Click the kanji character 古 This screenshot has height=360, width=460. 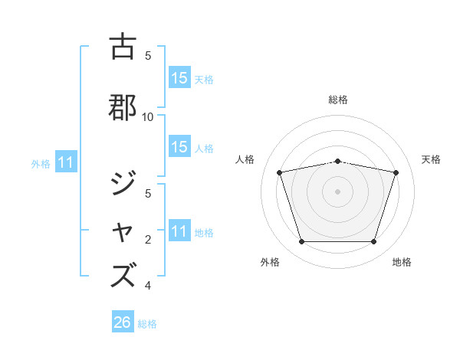coord(123,47)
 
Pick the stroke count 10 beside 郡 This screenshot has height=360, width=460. coord(148,116)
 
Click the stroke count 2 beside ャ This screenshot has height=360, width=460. coord(148,240)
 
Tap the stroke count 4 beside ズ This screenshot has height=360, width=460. coord(148,286)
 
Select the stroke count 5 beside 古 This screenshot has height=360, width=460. coord(148,55)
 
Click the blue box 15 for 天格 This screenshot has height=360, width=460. coord(179,78)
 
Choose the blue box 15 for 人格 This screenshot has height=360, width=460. coord(179,147)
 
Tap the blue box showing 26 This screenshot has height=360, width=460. coord(122,322)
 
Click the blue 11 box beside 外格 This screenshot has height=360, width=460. coord(66,162)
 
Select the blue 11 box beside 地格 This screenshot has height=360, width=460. coord(179,231)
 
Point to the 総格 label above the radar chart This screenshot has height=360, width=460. coord(338,100)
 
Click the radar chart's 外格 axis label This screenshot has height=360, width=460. coord(270,262)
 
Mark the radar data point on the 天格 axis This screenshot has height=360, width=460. coord(396,172)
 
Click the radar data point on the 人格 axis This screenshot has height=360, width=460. coord(280,172)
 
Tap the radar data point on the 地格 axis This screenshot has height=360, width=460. coord(373,241)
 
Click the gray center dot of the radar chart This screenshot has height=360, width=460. coord(338,191)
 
